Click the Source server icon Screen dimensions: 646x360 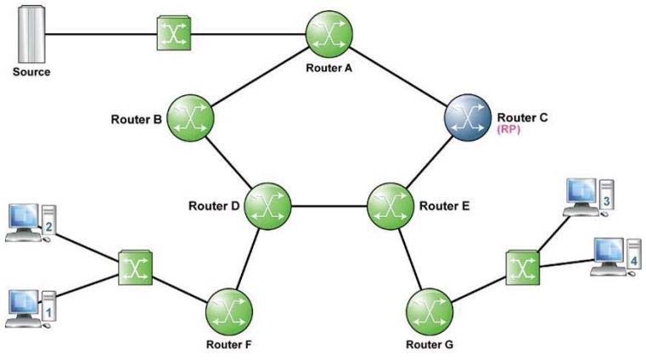point(31,34)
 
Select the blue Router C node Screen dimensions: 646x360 point(468,117)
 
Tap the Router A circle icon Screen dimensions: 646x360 point(329,34)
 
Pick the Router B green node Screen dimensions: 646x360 point(190,118)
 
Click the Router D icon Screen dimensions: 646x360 point(267,206)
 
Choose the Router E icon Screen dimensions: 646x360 point(390,206)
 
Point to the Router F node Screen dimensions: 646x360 point(229,312)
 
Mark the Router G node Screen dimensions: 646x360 point(430,312)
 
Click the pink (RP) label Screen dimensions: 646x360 point(508,129)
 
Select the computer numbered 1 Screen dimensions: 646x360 point(31,309)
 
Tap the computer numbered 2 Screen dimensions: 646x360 point(31,222)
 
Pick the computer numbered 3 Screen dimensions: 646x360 point(589,197)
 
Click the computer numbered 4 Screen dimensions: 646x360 point(616,256)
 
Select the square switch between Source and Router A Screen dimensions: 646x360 point(174,33)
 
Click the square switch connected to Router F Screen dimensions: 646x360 point(136,267)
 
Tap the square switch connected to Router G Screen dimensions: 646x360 point(523,267)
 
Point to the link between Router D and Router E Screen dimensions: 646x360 point(329,206)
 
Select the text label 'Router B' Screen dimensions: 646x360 point(137,120)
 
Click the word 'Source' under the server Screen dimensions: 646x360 point(31,71)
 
